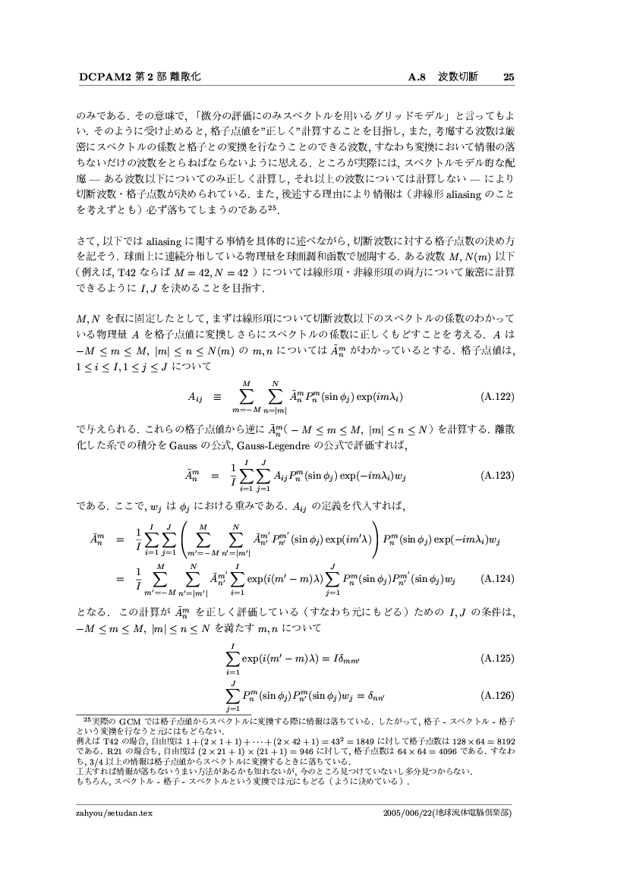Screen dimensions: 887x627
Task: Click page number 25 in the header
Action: click(x=509, y=77)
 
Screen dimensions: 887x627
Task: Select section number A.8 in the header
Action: click(x=419, y=77)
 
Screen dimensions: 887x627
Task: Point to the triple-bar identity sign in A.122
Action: click(x=216, y=396)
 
